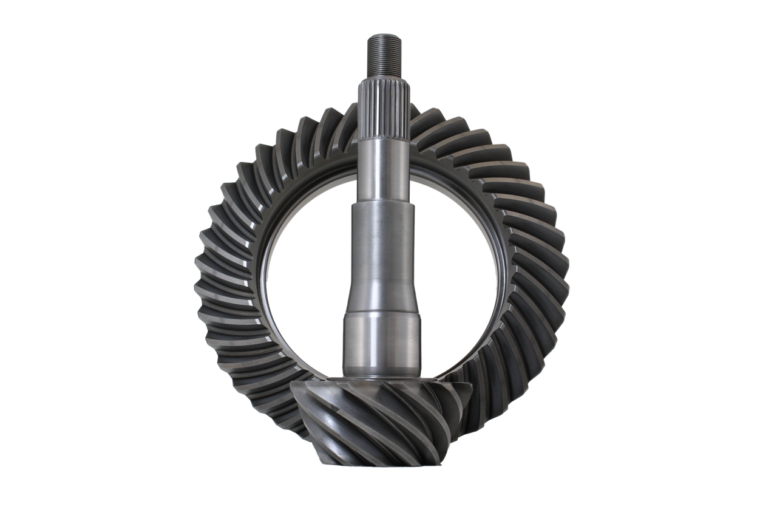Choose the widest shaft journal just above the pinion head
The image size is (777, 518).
(x=383, y=343)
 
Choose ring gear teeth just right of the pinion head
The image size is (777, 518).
(x=486, y=401)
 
